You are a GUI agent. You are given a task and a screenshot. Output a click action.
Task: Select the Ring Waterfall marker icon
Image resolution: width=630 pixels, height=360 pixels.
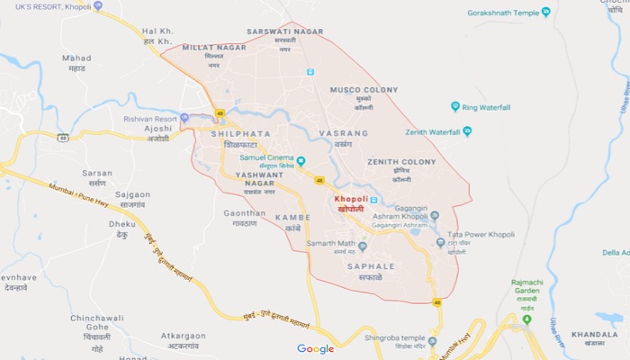tap(455, 106)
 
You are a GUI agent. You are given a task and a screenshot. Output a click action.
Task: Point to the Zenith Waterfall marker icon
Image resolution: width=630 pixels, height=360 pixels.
tap(467, 131)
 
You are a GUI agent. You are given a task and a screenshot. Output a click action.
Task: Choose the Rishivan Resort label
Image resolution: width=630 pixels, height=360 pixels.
tap(150, 119)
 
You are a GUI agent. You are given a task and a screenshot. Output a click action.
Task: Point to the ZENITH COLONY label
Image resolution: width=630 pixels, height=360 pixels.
tap(401, 162)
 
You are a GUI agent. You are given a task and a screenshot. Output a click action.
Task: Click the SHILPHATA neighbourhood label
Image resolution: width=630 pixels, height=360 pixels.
tap(239, 132)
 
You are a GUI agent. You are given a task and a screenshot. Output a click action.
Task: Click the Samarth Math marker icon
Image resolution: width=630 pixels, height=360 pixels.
tap(363, 246)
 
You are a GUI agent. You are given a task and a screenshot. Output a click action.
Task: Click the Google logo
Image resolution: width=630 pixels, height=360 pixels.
tap(316, 349)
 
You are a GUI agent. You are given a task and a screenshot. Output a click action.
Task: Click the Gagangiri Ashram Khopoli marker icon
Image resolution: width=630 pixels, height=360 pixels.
tap(435, 216)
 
